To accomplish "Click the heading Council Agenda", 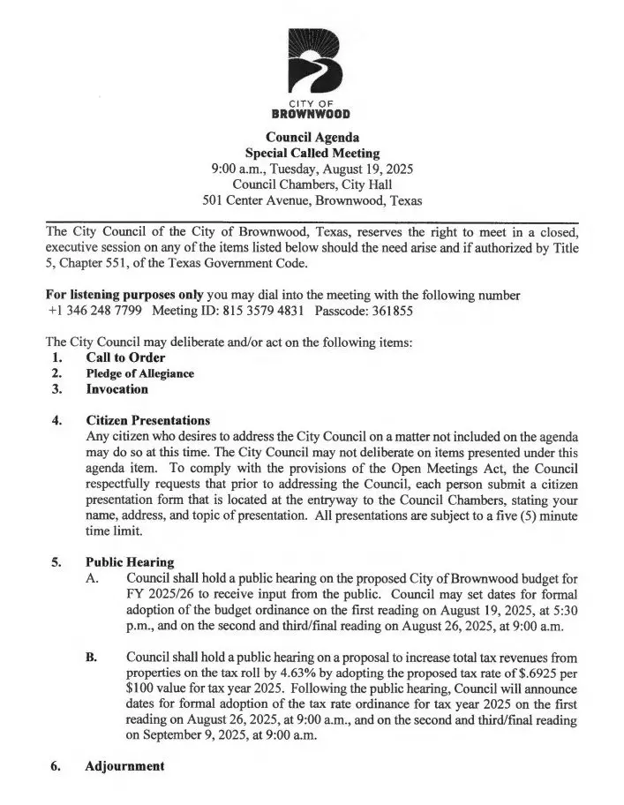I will pos(312,137).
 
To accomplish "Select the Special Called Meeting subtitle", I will pos(312,153).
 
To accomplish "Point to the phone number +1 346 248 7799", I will pos(95,311).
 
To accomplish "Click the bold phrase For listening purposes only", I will pos(132,295).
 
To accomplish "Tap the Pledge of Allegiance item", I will pos(139,373).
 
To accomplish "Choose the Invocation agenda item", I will pos(117,388).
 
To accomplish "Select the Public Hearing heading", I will pos(130,561).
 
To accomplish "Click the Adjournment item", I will pos(124,765).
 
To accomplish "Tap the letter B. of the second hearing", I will pos(92,658).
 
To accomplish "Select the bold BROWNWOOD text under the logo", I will pos(312,114).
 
